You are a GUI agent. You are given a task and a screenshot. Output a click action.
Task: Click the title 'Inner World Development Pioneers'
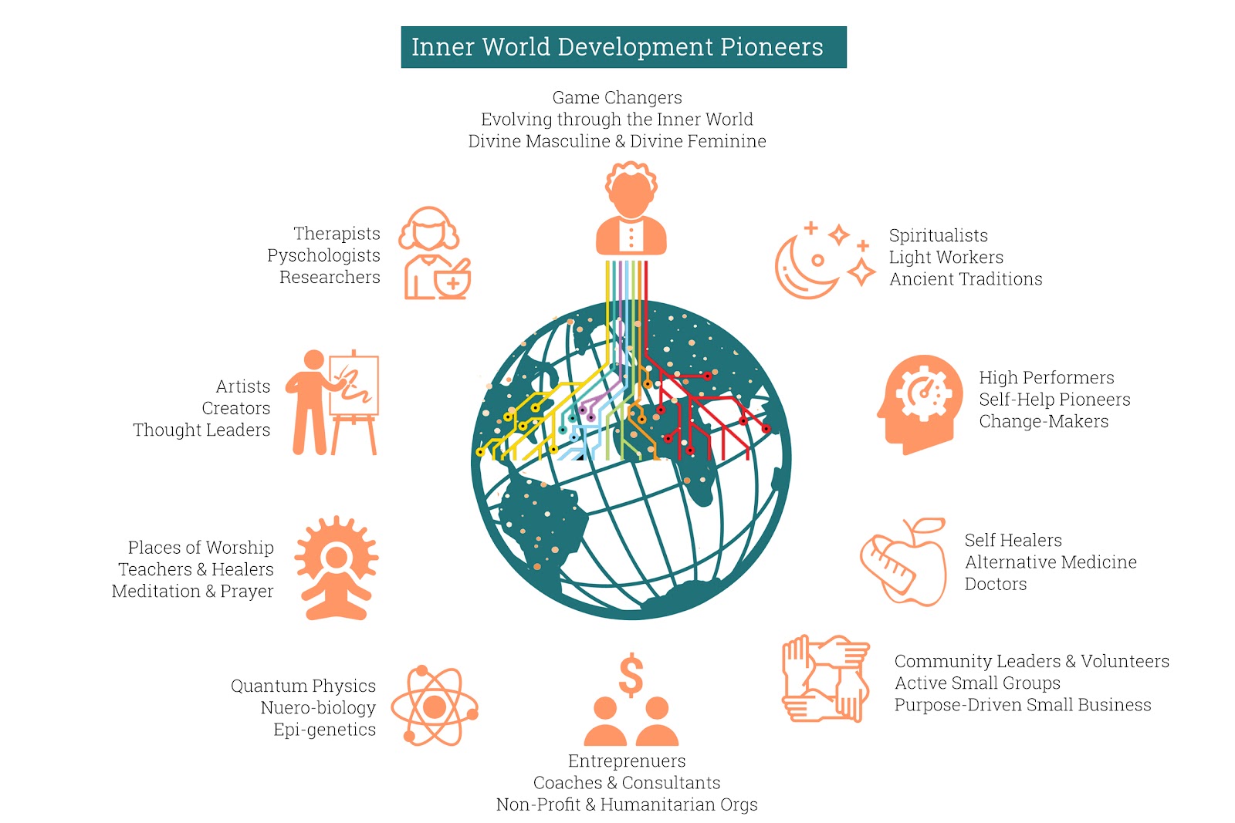[x=617, y=47]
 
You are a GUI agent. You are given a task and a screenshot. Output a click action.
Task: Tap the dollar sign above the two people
[x=631, y=676]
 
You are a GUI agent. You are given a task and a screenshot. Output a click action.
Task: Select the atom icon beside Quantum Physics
[x=435, y=707]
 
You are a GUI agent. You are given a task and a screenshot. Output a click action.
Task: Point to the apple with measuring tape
[x=904, y=562]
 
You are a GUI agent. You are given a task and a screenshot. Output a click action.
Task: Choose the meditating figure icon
[x=337, y=568]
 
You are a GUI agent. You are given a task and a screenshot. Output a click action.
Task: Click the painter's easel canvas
[x=354, y=386]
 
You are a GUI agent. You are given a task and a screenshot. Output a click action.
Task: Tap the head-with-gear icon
[x=919, y=404]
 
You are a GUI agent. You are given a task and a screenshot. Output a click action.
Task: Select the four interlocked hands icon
[x=825, y=679]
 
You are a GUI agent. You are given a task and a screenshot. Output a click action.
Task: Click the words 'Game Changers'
[x=617, y=97]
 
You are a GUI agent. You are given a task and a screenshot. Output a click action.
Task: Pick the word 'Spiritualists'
[x=939, y=236]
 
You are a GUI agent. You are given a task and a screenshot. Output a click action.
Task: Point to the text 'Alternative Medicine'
[x=1051, y=562]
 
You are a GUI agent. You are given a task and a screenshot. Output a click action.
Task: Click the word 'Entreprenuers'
[x=627, y=761]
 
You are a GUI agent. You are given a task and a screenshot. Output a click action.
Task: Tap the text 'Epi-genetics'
[x=325, y=730]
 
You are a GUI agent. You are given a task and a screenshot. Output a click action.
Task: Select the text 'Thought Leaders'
[x=201, y=430]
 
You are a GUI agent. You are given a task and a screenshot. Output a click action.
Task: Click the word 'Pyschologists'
[x=323, y=255]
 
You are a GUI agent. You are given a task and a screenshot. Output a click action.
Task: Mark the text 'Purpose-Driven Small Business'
[x=1023, y=705]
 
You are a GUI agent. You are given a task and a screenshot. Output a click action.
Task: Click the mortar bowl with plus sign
[x=452, y=280]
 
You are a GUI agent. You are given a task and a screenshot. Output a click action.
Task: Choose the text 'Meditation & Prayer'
[x=192, y=591]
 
